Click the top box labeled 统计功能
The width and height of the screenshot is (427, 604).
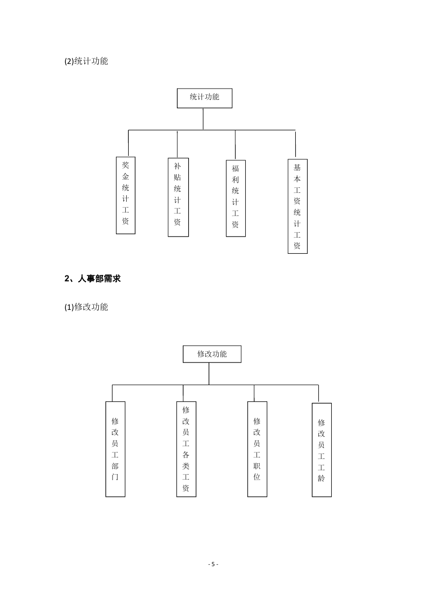tap(204, 98)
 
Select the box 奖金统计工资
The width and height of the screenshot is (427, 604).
tap(125, 195)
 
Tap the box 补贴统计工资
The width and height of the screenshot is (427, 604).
tap(178, 197)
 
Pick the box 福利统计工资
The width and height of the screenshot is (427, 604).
tap(236, 198)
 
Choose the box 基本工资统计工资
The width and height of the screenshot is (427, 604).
tap(297, 206)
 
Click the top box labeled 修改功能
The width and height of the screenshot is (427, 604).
tap(212, 354)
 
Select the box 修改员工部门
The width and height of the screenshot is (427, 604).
tap(115, 449)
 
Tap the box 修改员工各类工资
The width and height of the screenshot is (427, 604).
tap(186, 449)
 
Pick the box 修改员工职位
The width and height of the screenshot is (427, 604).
tap(257, 449)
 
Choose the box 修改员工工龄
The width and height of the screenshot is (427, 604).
tap(322, 450)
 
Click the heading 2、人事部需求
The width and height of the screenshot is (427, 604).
tap(92, 278)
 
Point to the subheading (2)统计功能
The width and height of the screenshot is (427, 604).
tap(86, 61)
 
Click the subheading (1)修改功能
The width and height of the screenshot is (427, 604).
tap(86, 307)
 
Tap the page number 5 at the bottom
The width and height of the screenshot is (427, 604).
tap(213, 564)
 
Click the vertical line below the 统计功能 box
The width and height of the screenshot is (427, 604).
tap(203, 119)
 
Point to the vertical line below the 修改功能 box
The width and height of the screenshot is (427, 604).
tap(209, 374)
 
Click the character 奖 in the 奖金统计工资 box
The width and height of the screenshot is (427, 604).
tap(125, 165)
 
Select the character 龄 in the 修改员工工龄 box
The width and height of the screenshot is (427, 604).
tap(321, 479)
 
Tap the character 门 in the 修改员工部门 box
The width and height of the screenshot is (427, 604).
tap(115, 477)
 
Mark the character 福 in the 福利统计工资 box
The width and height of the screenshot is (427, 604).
tap(235, 169)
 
